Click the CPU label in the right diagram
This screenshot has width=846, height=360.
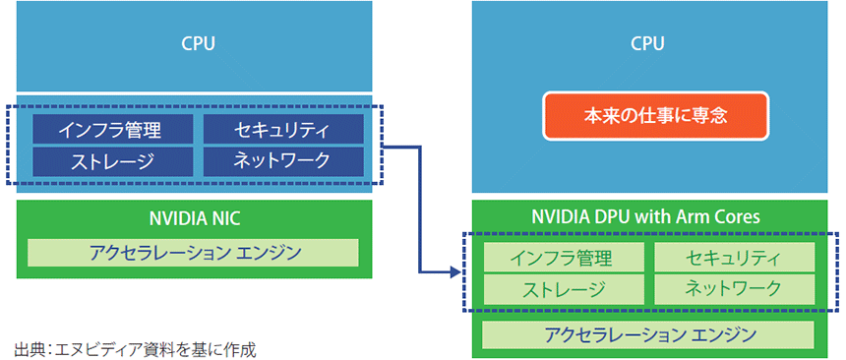click(647, 43)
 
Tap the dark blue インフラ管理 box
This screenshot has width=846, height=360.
click(109, 129)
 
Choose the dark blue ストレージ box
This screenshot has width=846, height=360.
click(109, 160)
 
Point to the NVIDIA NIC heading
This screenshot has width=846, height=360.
click(194, 215)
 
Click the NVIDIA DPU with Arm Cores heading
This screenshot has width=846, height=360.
click(647, 215)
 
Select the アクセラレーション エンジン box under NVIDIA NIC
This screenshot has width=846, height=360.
click(194, 252)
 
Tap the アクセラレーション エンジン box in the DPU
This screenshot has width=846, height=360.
click(647, 334)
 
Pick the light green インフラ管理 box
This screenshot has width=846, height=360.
click(563, 258)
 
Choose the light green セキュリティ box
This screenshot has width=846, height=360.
click(734, 258)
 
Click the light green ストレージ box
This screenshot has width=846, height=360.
click(563, 288)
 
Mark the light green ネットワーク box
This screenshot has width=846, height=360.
click(734, 288)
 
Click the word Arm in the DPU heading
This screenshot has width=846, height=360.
click(701, 215)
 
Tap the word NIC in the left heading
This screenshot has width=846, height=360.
click(228, 215)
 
